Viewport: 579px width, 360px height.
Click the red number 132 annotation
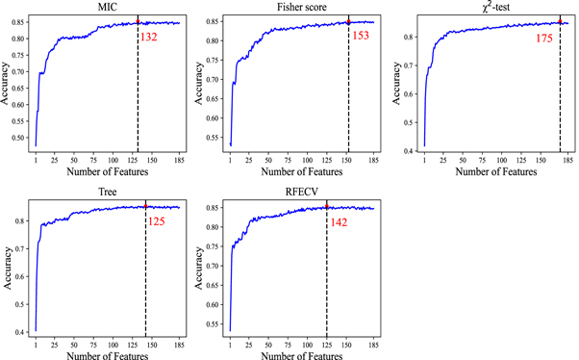(150, 38)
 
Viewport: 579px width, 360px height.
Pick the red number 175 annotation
(546, 39)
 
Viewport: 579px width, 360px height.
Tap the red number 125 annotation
(157, 222)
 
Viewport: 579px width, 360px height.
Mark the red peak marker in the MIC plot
(138, 21)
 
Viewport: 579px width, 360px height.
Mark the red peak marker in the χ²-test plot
(560, 21)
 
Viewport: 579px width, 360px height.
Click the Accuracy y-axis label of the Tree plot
(7, 269)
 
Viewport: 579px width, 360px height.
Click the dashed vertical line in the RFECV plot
(327, 279)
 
